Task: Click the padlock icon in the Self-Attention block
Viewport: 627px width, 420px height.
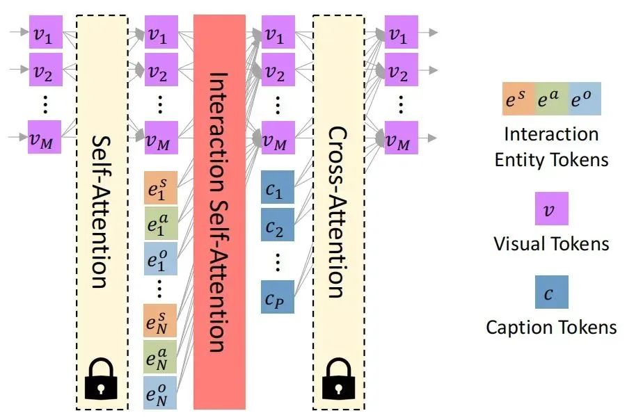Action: pyautogui.click(x=101, y=379)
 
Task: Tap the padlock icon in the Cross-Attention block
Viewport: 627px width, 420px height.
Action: pyautogui.click(x=338, y=379)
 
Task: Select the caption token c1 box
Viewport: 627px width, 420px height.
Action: pyautogui.click(x=278, y=187)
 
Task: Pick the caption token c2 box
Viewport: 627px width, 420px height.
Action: pyautogui.click(x=278, y=225)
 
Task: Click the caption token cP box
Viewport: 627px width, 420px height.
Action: pyautogui.click(x=278, y=297)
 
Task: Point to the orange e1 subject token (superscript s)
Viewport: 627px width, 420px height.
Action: pyautogui.click(x=160, y=188)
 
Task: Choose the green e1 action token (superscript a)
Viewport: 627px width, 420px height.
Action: pyautogui.click(x=160, y=223)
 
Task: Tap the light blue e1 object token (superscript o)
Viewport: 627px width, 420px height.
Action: pyautogui.click(x=160, y=259)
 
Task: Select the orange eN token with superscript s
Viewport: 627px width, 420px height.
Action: pyautogui.click(x=160, y=321)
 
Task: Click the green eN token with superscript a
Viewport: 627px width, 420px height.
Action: pyautogui.click(x=160, y=357)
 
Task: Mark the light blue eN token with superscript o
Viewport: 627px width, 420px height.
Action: pyautogui.click(x=160, y=392)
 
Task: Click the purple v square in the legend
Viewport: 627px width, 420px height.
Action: pyautogui.click(x=551, y=209)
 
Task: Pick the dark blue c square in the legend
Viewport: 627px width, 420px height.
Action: pyautogui.click(x=551, y=292)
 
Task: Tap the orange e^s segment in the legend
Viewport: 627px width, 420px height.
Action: pyautogui.click(x=518, y=99)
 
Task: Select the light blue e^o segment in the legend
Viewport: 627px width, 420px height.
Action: pyautogui.click(x=585, y=99)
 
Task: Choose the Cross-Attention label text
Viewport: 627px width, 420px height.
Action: pyautogui.click(x=337, y=212)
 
